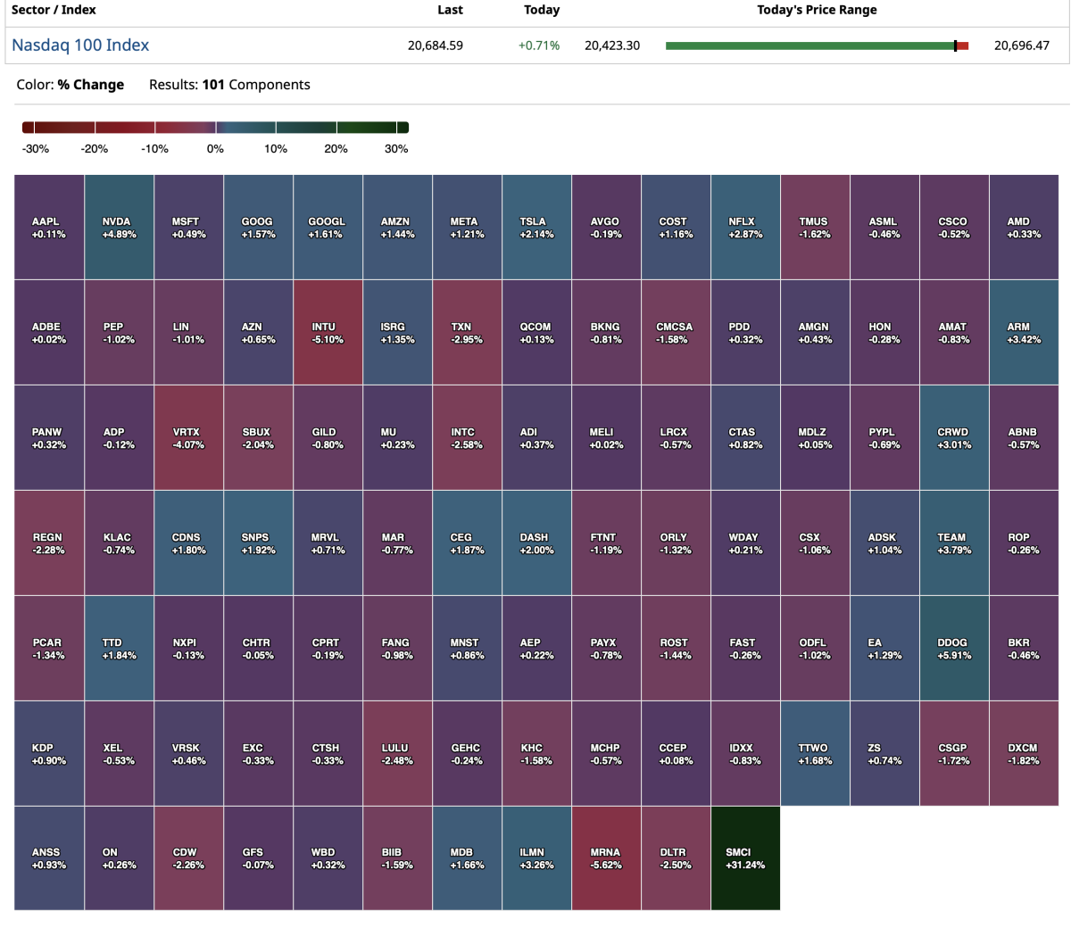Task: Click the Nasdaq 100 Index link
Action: coord(80,46)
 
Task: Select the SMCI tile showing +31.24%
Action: coord(745,858)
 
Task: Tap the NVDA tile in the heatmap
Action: coord(119,228)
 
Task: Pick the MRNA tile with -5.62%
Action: coord(606,858)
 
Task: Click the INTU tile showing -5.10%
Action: coord(328,333)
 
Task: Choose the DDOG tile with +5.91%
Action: coord(954,649)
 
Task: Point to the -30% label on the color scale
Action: coord(36,149)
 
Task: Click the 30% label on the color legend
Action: coord(396,149)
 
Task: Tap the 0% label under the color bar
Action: coord(215,149)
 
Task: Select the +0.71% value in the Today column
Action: coord(539,46)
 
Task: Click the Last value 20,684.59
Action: coord(436,46)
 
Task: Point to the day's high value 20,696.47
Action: coord(1022,46)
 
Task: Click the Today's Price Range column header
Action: coord(817,10)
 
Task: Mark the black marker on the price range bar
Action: coord(955,46)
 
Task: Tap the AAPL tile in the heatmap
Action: coord(49,228)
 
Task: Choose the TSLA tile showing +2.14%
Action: coord(536,228)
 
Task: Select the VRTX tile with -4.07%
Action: coord(188,438)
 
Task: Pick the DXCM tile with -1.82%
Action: coord(1024,754)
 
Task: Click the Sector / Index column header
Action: coord(54,10)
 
